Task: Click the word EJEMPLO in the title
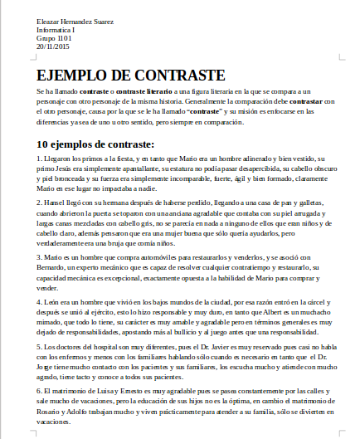point(73,74)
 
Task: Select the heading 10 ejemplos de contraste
point(95,144)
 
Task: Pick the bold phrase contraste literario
point(146,90)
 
